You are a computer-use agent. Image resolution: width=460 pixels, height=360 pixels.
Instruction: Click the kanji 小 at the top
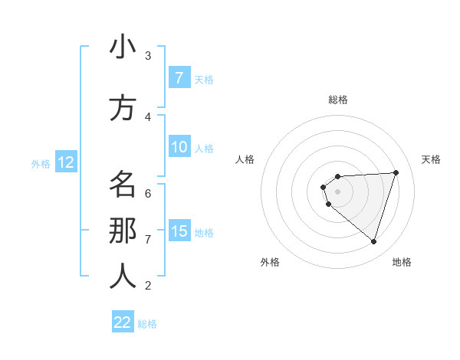tap(123, 47)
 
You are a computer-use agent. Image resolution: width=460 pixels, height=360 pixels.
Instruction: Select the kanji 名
tap(123, 185)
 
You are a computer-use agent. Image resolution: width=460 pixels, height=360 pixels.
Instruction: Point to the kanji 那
tap(123, 231)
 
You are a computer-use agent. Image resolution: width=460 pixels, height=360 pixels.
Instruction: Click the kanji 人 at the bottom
tap(123, 277)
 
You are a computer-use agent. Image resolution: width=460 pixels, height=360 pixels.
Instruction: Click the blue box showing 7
tap(179, 77)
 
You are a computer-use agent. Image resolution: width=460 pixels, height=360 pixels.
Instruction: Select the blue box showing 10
tap(179, 147)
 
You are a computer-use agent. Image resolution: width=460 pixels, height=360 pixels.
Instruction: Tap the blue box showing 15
tap(179, 231)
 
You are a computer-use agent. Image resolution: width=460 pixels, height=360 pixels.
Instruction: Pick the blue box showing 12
tap(65, 162)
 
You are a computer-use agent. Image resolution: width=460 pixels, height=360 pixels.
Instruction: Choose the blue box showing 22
tap(123, 322)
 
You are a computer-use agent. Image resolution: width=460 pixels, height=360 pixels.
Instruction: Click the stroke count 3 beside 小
tap(148, 55)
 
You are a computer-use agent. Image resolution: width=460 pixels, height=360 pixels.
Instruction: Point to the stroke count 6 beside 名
tap(148, 193)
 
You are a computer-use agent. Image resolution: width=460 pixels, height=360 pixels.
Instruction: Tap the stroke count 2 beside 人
tap(148, 286)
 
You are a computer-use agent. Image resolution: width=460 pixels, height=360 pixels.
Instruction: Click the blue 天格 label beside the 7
tap(204, 79)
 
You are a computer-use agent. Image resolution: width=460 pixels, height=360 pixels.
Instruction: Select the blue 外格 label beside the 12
tap(41, 163)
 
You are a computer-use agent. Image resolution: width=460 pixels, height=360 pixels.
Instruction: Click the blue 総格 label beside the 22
tap(147, 324)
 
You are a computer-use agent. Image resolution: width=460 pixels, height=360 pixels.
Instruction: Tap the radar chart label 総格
tap(338, 100)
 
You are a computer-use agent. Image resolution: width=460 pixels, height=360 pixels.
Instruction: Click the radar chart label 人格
tap(245, 159)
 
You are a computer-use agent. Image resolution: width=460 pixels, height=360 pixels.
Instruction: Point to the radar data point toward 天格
tap(396, 172)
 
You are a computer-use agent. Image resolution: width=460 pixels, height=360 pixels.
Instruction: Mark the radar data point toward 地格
tap(373, 241)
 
